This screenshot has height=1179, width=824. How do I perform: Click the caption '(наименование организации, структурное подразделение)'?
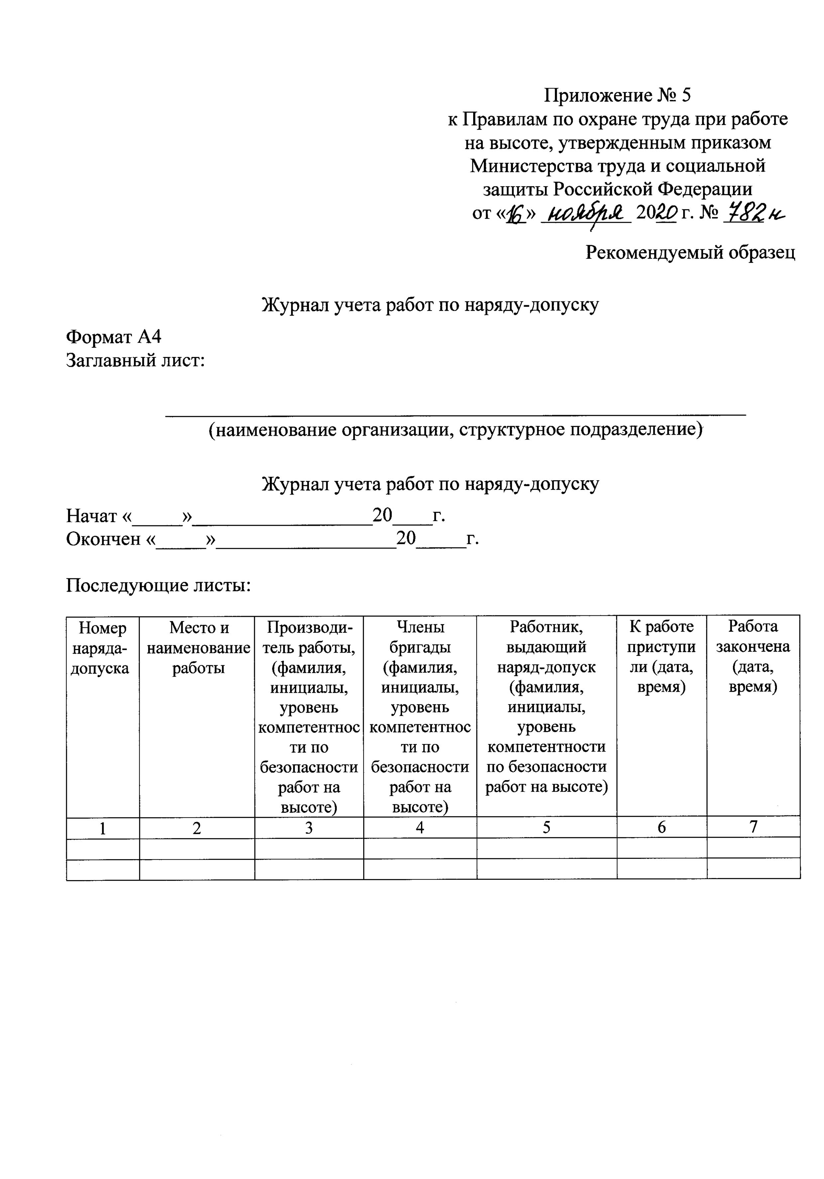point(455,429)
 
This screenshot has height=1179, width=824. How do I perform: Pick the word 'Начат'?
point(91,515)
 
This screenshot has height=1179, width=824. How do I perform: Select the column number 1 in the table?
point(103,828)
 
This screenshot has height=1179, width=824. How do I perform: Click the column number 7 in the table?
point(753,826)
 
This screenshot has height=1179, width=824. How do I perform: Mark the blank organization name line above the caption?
point(455,414)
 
